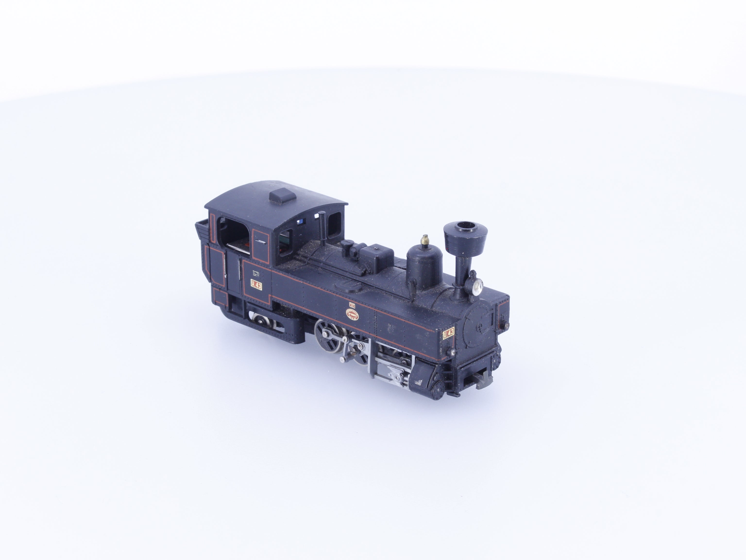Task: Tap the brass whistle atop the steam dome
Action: click(425, 240)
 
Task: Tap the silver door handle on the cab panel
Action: click(260, 241)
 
